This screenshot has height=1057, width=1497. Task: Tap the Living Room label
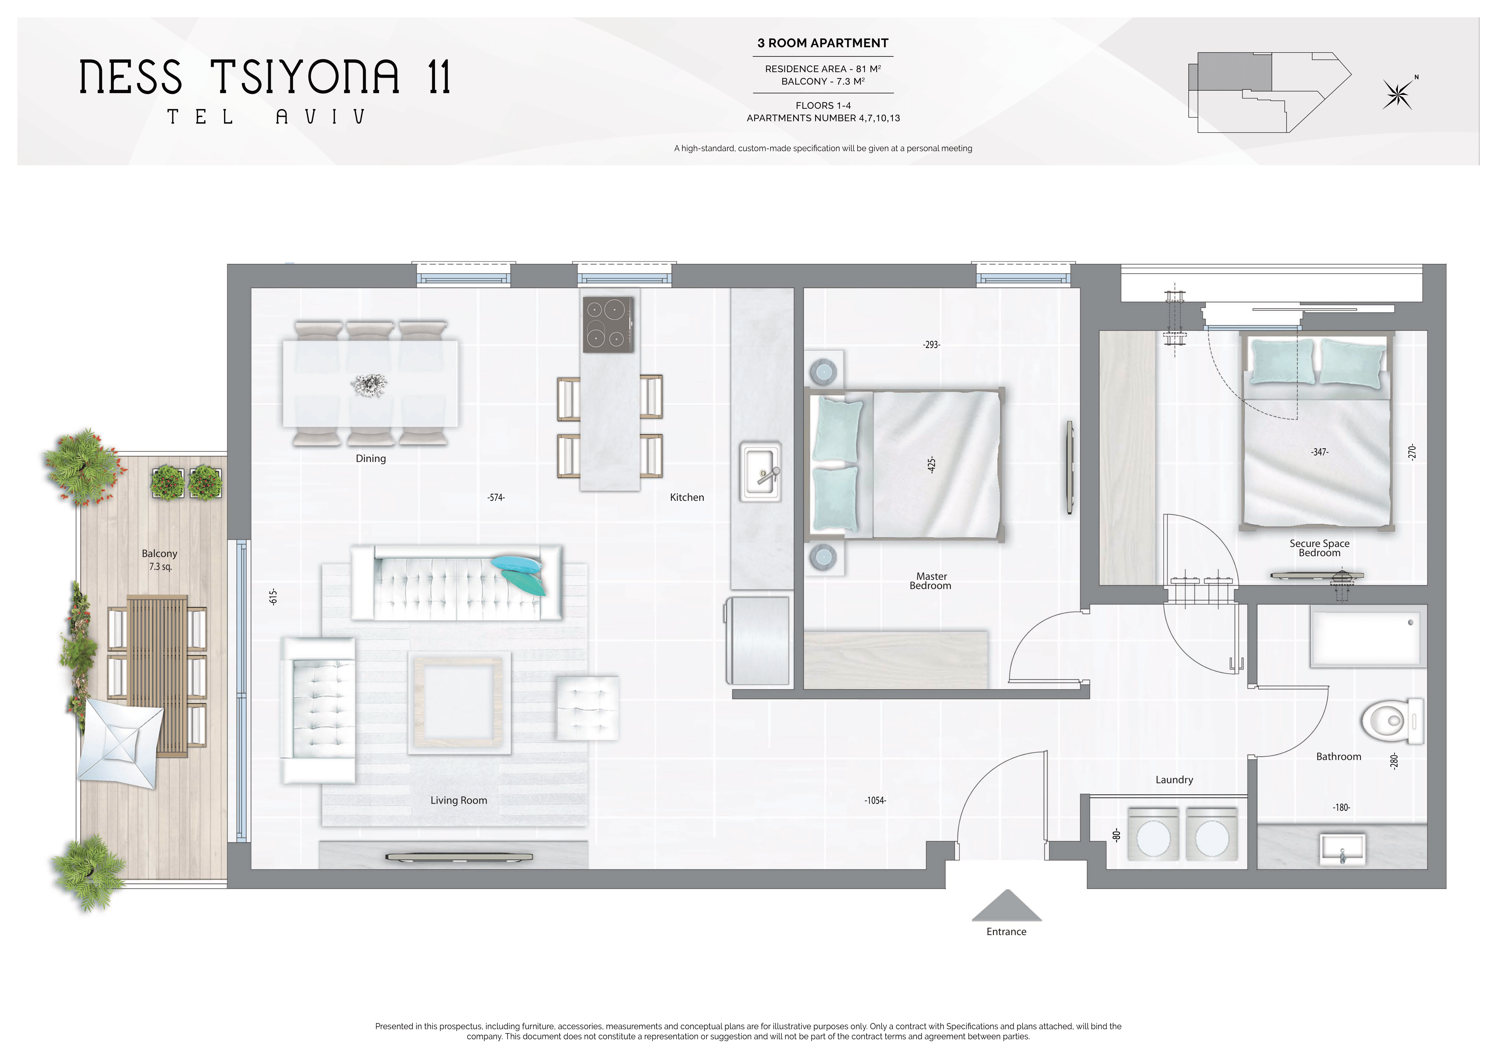(458, 800)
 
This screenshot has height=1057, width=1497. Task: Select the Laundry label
(1174, 780)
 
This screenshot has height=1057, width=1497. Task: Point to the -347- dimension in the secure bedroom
(1320, 452)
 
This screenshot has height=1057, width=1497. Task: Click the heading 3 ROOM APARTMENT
(823, 43)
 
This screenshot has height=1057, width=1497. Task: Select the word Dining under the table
(371, 458)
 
